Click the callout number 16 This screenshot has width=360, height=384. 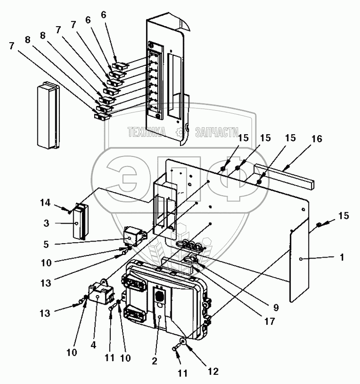(316, 139)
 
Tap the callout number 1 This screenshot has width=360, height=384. (342, 258)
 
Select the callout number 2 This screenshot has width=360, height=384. (154, 361)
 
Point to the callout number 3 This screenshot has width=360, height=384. (46, 223)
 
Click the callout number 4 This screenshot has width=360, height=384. (94, 345)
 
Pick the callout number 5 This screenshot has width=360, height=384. (46, 244)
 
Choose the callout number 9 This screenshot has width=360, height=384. (276, 308)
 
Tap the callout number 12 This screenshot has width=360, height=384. (213, 371)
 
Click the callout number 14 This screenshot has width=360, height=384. (46, 203)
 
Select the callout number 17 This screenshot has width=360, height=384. (270, 321)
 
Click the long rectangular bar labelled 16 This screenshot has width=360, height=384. (284, 177)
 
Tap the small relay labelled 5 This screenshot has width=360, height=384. (135, 236)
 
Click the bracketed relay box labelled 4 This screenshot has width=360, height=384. (102, 292)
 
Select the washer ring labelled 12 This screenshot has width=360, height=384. (183, 341)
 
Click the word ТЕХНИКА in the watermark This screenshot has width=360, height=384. (146, 132)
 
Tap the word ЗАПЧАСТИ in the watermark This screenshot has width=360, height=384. (217, 132)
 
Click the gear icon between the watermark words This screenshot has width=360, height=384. (181, 132)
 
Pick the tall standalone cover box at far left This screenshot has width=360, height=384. (48, 115)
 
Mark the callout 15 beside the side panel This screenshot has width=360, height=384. (343, 216)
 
